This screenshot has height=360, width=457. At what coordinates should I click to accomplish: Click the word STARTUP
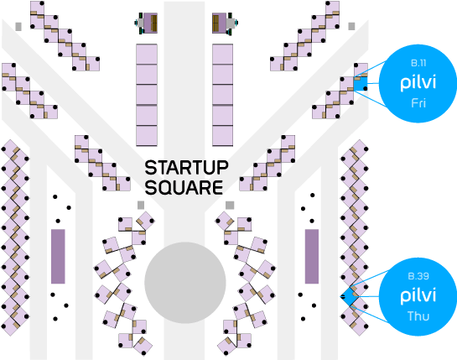[x=186, y=168]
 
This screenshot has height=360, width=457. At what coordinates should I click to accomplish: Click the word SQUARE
[x=184, y=187]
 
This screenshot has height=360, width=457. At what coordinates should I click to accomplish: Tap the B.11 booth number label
[x=418, y=63]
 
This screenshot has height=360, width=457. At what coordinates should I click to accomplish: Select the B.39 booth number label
[x=418, y=276]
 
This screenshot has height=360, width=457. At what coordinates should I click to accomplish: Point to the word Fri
[x=418, y=103]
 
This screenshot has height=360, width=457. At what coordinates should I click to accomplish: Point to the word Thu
[x=418, y=316]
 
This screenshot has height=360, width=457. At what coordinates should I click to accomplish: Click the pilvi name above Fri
[x=418, y=83]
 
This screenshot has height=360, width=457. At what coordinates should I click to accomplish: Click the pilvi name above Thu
[x=418, y=296]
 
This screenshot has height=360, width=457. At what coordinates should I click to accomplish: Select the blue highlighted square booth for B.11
[x=361, y=84]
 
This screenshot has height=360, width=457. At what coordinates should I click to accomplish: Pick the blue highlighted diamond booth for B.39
[x=350, y=296]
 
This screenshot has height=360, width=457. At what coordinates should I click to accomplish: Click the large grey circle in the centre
[x=185, y=283]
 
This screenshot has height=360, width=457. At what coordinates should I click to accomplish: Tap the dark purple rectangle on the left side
[x=58, y=256]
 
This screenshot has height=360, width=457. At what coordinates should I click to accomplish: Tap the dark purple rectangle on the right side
[x=312, y=256]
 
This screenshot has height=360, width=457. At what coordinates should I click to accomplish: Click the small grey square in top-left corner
[x=18, y=27]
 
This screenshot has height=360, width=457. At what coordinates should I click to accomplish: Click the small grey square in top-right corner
[x=351, y=26]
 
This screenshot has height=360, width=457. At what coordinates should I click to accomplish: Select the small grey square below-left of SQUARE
[x=141, y=205]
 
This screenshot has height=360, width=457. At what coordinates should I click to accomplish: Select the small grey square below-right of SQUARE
[x=230, y=205]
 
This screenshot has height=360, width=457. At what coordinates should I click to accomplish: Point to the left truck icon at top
[x=146, y=23]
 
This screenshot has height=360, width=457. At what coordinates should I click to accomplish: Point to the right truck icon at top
[x=225, y=23]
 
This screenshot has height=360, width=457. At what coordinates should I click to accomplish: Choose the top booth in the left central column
[x=147, y=55]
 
